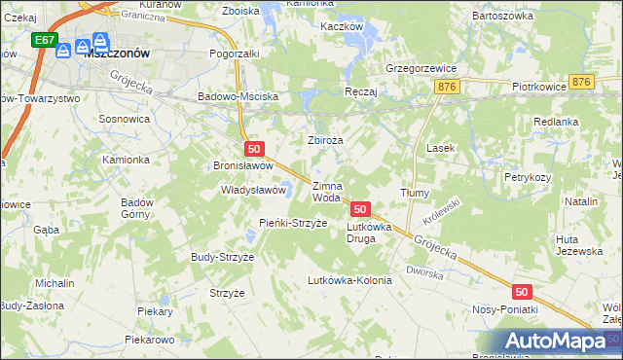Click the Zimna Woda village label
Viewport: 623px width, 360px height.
click(x=326, y=191)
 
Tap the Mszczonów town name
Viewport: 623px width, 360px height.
click(x=116, y=55)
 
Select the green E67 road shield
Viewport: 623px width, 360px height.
click(x=43, y=41)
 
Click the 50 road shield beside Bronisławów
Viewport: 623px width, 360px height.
click(x=253, y=149)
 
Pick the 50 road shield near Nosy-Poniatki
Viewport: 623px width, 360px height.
click(x=522, y=291)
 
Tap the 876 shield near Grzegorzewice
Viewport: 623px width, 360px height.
click(x=448, y=88)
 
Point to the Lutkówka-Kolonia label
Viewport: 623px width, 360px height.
click(x=348, y=280)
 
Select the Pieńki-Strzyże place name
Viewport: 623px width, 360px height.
click(x=291, y=223)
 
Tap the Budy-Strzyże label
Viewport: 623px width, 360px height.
click(x=222, y=257)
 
